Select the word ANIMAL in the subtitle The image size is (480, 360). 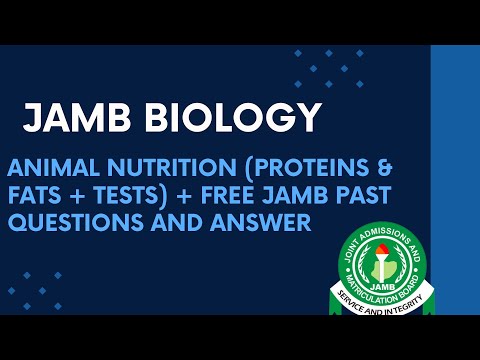[x=50, y=167]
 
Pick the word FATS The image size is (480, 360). [x=34, y=195]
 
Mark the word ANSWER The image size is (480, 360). [x=266, y=222]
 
